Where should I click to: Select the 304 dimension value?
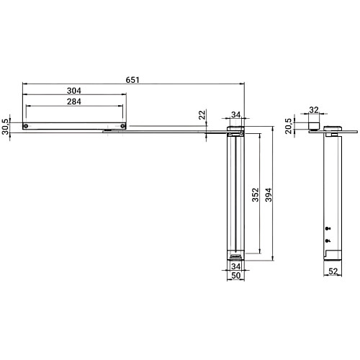(74, 91)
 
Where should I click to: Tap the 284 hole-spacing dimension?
(74, 102)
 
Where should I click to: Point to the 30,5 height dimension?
(7, 125)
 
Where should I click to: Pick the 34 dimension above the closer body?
(235, 114)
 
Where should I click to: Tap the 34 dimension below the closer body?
(235, 267)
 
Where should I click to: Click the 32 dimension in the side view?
(313, 111)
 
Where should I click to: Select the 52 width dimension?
(333, 272)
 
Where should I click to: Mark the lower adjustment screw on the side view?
(327, 240)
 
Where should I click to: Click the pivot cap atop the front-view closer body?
(235, 130)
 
